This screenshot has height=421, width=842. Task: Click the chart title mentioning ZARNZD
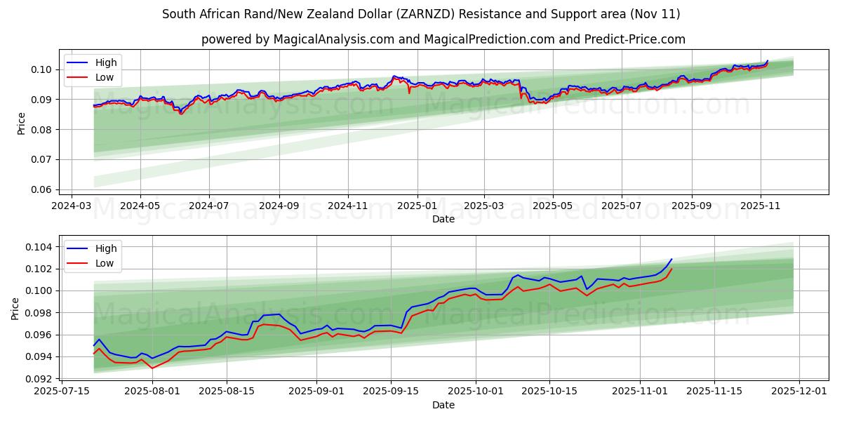click(421, 14)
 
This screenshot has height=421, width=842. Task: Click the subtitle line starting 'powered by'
click(443, 39)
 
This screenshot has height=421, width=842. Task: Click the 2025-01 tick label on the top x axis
click(417, 206)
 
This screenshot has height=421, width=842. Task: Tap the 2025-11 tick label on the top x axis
click(761, 206)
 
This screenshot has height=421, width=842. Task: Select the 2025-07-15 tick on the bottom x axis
click(62, 392)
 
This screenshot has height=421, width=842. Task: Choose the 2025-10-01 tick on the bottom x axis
click(476, 392)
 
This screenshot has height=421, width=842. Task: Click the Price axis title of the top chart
click(21, 124)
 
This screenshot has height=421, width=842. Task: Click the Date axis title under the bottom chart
click(443, 405)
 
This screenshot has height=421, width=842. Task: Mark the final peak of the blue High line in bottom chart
click(671, 259)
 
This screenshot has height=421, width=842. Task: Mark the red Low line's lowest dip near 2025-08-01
click(152, 368)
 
